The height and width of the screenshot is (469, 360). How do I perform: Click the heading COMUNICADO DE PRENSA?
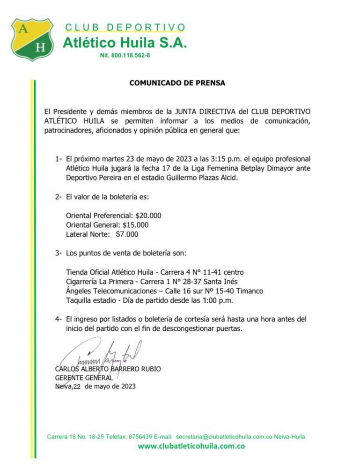click(x=177, y=83)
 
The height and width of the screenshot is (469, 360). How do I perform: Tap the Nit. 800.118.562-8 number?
click(x=125, y=55)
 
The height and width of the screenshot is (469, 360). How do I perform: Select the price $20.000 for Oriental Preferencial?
click(x=148, y=216)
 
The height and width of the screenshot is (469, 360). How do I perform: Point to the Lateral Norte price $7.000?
click(x=127, y=234)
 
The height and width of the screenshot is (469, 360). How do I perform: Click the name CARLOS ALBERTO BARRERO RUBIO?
click(x=108, y=369)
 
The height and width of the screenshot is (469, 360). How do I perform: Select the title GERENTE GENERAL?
click(x=84, y=378)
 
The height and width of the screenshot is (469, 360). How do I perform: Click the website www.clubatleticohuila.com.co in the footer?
click(x=191, y=446)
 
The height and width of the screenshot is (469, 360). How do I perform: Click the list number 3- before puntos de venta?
click(x=58, y=253)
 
